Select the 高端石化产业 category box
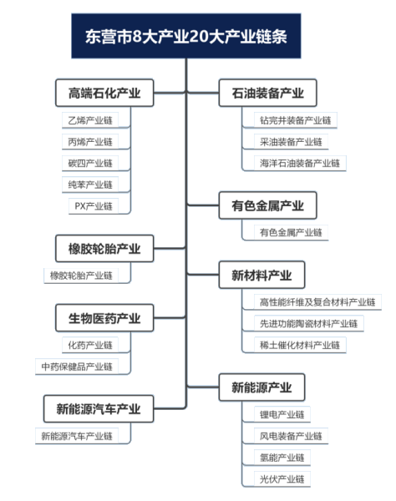click(104, 94)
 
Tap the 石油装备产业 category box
click(261, 94)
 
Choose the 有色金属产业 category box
click(261, 205)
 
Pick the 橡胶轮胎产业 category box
click(104, 249)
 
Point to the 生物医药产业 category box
click(104, 318)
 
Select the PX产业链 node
click(92, 205)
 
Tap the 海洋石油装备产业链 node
click(300, 163)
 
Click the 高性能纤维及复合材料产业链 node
click(317, 301)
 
